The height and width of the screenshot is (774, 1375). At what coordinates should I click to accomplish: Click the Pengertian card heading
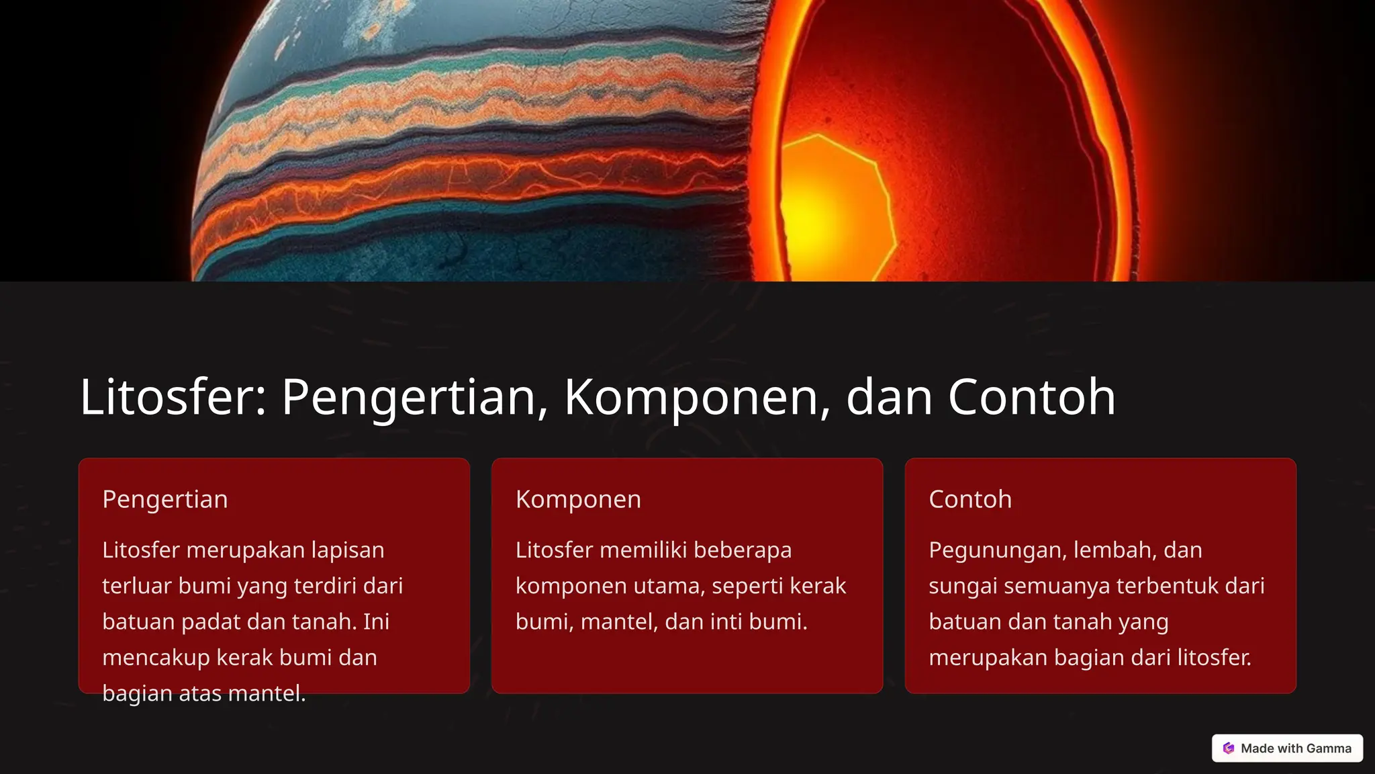click(165, 499)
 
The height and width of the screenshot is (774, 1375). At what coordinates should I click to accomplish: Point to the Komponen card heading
click(578, 499)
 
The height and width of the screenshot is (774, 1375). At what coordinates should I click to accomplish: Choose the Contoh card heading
click(969, 499)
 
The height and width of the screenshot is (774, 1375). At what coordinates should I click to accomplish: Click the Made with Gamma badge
click(1287, 748)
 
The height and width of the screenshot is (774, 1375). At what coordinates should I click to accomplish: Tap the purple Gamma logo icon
click(1229, 748)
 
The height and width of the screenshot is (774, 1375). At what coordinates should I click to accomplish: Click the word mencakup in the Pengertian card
click(156, 658)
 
